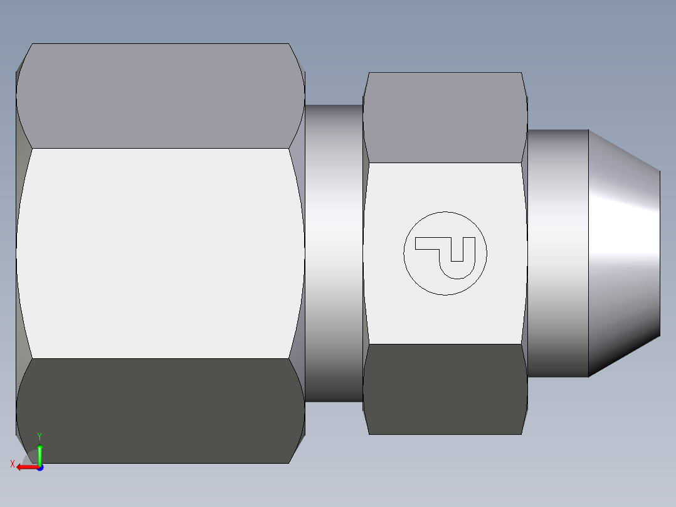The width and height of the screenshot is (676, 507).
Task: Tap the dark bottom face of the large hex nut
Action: click(x=160, y=411)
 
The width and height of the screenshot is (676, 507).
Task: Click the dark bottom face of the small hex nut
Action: click(x=445, y=389)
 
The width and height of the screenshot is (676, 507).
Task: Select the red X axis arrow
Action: click(x=26, y=467)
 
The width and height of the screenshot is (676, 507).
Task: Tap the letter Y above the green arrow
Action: click(x=40, y=436)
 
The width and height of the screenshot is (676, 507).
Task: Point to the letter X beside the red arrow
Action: click(x=13, y=464)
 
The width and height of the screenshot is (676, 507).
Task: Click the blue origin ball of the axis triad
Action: click(x=40, y=467)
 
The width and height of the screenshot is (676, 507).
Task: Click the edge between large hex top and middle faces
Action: click(x=160, y=148)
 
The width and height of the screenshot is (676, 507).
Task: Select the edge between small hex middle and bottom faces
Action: click(x=445, y=344)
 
